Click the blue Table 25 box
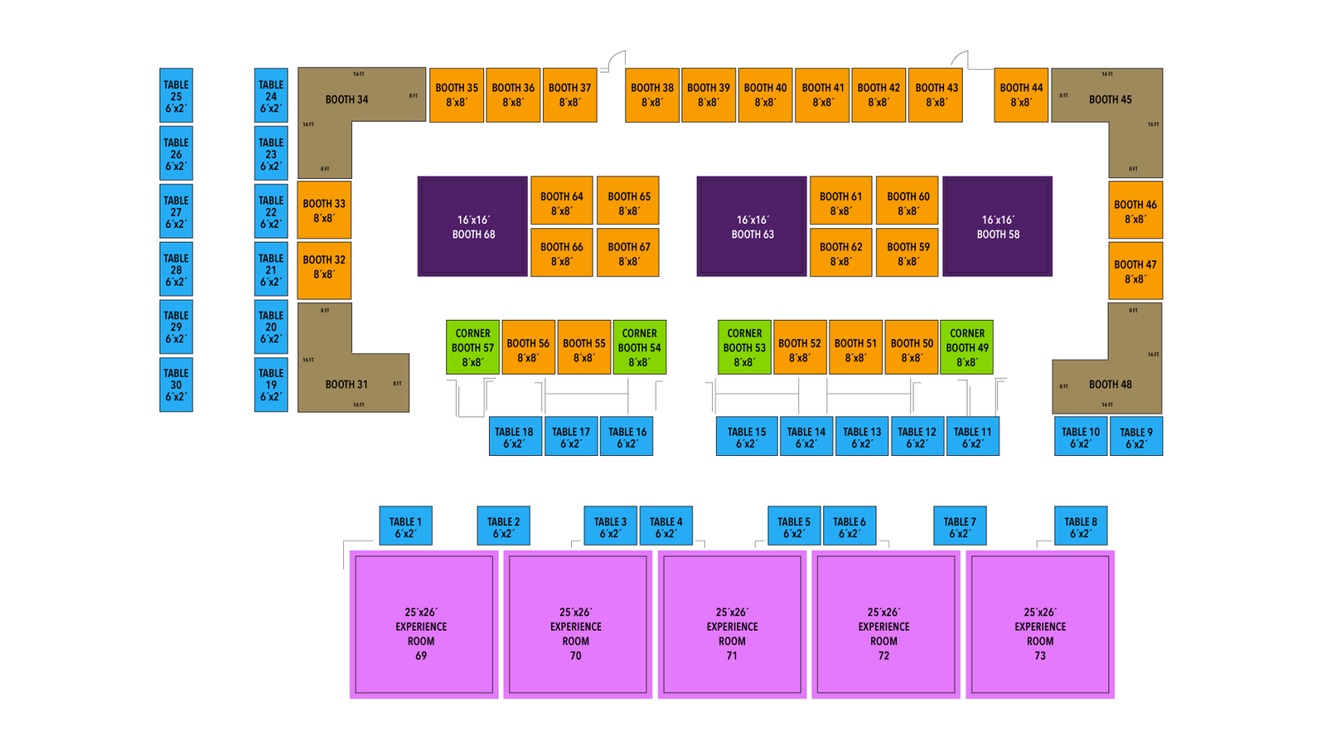176,95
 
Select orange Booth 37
569,95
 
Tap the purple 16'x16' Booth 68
472,226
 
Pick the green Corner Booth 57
472,347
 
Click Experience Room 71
732,625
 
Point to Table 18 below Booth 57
515,436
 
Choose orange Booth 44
1020,95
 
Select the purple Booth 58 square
997,226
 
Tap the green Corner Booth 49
966,347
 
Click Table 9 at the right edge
1135,436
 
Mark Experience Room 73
1040,625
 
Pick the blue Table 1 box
405,526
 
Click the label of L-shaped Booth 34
346,99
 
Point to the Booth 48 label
1110,385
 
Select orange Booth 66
561,252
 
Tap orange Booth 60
907,201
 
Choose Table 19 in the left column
271,385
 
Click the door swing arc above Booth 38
616,60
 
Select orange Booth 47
1135,271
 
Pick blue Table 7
960,526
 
